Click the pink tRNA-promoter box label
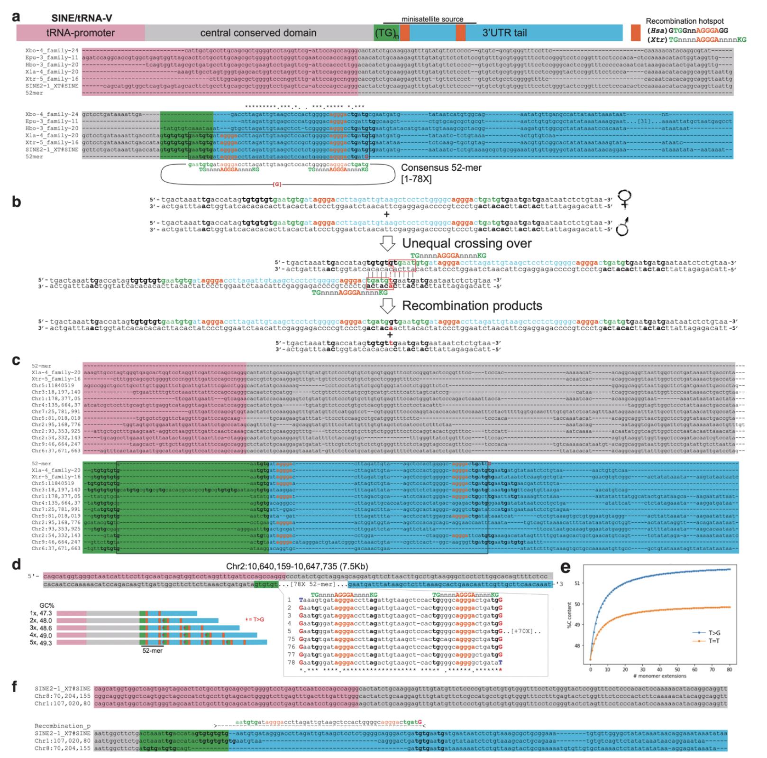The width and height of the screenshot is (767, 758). [81, 33]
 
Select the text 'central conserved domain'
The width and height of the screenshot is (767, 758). [258, 33]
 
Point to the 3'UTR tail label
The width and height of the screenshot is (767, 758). [504, 33]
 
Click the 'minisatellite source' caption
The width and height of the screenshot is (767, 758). [432, 19]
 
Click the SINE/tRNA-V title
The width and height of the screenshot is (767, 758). [82, 18]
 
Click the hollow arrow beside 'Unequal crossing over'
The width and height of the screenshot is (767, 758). [388, 243]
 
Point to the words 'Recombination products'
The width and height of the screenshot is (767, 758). [472, 305]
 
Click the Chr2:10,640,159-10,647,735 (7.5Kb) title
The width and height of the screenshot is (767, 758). [297, 566]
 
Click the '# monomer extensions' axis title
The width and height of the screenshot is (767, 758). [660, 676]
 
